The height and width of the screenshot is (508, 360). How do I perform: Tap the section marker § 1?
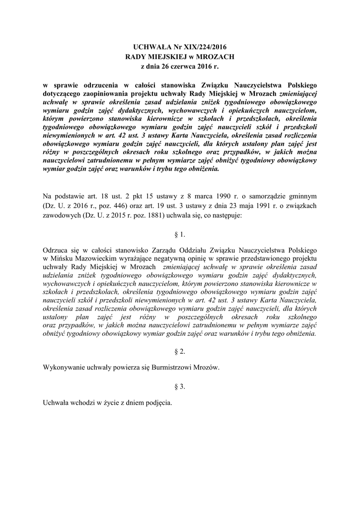[x=180, y=234]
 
